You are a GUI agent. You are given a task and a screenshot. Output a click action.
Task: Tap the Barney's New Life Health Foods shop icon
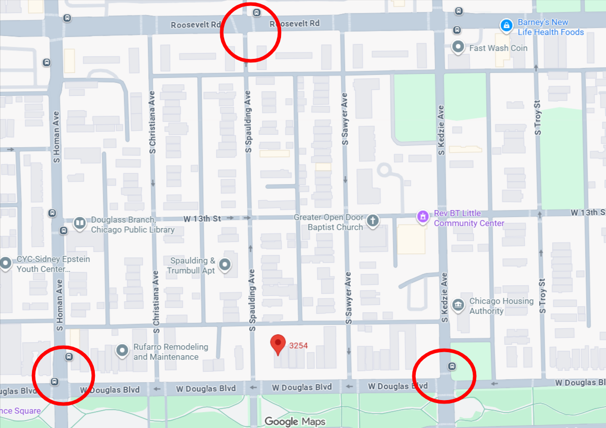(506, 25)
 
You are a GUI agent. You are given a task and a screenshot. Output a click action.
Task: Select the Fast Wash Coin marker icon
(458, 47)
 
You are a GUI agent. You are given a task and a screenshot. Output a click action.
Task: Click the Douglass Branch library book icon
(79, 222)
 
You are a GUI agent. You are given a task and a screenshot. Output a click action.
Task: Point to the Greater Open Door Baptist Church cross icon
(372, 221)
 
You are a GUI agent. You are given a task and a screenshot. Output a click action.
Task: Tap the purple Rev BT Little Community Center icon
(423, 216)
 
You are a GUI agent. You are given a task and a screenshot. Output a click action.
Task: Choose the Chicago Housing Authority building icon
(458, 305)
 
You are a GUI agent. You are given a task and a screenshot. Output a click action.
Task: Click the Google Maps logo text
(295, 422)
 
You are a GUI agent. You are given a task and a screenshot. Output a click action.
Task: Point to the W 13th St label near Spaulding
(202, 218)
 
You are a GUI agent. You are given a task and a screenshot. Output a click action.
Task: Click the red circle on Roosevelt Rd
(251, 32)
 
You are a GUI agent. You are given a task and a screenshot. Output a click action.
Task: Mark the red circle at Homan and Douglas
(63, 375)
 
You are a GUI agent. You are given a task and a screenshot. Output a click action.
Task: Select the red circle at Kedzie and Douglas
(444, 376)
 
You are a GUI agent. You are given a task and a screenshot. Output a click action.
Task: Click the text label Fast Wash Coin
(498, 48)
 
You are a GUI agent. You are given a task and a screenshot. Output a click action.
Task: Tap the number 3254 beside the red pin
(298, 345)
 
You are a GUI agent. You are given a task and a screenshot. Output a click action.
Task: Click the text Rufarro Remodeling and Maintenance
(171, 352)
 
